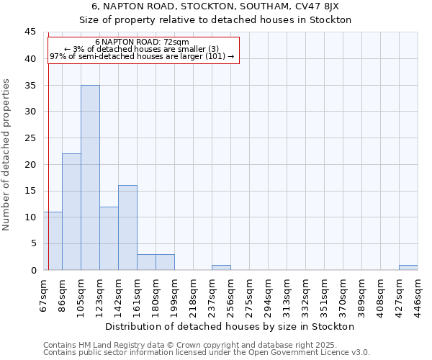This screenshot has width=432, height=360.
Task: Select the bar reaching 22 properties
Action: click(71, 212)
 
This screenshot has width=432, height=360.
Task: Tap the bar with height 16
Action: click(127, 228)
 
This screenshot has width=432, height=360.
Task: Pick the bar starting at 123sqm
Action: click(109, 238)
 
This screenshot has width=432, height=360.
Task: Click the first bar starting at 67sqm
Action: click(53, 240)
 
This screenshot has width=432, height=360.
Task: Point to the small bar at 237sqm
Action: click(221, 267)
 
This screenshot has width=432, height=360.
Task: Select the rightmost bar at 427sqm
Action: click(408, 267)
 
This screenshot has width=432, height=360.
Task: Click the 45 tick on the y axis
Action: click(30, 32)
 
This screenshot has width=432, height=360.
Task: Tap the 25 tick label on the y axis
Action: click(30, 138)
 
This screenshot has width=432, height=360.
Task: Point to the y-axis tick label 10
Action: click(30, 217)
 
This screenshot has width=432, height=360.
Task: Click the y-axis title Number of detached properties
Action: click(7, 154)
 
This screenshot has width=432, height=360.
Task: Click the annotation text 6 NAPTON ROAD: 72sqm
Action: click(142, 42)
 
